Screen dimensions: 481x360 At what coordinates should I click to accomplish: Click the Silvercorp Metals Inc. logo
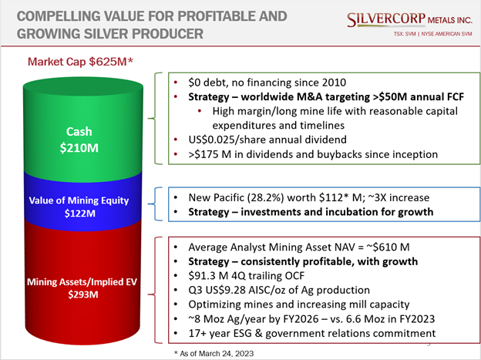[409, 20]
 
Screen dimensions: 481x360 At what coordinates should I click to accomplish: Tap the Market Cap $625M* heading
[80, 62]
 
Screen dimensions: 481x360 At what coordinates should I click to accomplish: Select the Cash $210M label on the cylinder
[79, 140]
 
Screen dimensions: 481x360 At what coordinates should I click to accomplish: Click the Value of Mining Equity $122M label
[79, 207]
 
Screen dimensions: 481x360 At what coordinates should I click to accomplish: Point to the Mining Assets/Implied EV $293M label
[82, 288]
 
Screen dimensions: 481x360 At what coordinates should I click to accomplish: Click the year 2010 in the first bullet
[334, 82]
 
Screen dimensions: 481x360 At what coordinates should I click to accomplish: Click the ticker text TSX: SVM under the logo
[405, 34]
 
